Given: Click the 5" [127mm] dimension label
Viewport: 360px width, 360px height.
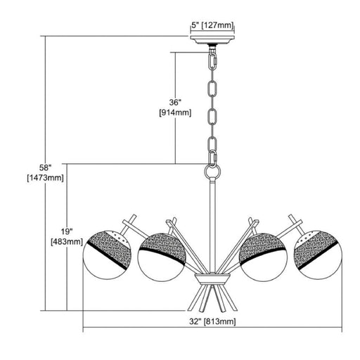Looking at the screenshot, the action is coord(212,25).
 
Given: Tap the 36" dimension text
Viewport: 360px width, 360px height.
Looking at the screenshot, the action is coord(175,103).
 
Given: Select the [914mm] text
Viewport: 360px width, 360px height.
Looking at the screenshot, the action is coord(175,112).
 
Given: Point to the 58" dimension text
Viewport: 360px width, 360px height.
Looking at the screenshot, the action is coord(45,167).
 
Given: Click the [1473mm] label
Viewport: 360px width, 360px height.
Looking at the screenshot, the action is coord(45,178).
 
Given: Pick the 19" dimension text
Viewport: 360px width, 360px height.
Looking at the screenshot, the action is coord(67,231).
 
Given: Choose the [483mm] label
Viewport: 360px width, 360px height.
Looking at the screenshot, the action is coord(67,242).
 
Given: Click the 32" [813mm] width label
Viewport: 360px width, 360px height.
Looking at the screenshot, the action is coord(212,321).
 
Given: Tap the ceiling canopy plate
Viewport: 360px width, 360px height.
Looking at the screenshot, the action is coord(212,40).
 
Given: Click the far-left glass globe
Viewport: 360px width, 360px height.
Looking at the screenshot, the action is coord(107,255).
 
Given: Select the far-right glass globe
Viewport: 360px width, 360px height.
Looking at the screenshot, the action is coord(318,255).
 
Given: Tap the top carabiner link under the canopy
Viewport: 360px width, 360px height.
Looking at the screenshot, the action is coord(212,61).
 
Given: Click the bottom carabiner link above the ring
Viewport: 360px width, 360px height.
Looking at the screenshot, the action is coord(212,160).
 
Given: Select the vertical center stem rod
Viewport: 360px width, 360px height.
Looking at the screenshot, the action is coord(212,226).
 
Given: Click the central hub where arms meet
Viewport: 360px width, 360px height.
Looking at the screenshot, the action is coord(212,279).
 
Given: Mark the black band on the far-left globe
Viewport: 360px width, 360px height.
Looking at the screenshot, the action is coord(108,255).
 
